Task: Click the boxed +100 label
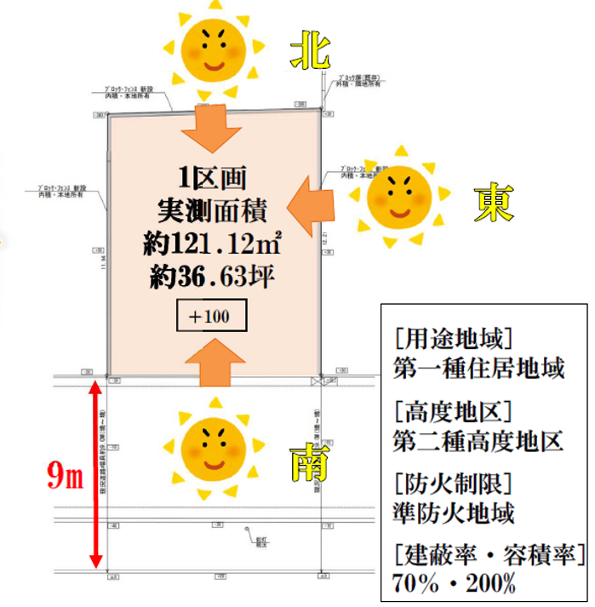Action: point(211,317)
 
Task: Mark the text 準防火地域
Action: point(454,513)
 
